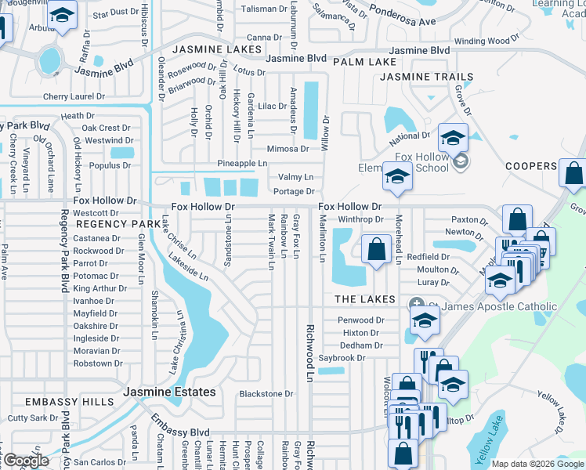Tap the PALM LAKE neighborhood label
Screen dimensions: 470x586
[x=364, y=61]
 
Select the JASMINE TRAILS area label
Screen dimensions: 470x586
[x=426, y=77]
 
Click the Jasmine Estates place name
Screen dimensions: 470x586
[x=168, y=391]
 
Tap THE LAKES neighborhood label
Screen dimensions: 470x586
[x=366, y=299]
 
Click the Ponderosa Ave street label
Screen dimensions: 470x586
[x=403, y=21]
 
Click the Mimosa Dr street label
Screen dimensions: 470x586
[x=288, y=148]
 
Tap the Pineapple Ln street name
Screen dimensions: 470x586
[x=242, y=163]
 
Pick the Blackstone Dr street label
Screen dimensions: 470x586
[x=266, y=394]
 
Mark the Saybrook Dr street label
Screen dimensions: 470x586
[x=342, y=358]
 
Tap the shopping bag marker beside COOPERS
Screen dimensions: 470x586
[x=573, y=174]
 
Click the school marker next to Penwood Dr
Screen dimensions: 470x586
[x=424, y=320]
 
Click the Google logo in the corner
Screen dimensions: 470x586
[x=26, y=461]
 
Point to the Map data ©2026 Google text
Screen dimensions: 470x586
[x=537, y=464]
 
